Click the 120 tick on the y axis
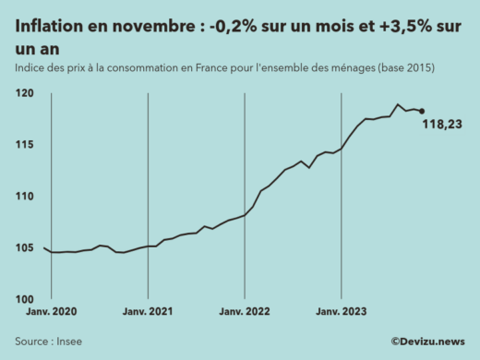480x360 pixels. click(x=25, y=94)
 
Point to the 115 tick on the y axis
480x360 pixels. click(x=25, y=145)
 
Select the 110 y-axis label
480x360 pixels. click(x=25, y=197)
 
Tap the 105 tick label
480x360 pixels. click(x=25, y=248)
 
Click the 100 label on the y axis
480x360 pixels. click(x=25, y=300)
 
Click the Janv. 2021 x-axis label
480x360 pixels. click(x=148, y=312)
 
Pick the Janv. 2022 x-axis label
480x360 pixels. click(x=245, y=312)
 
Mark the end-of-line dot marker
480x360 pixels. click(x=422, y=112)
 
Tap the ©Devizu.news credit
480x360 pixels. click(x=427, y=342)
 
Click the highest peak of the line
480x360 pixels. click(x=398, y=104)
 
